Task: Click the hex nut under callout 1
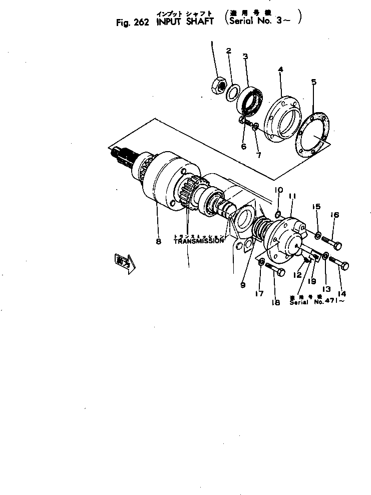tap(219, 86)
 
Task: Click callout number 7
tap(258, 155)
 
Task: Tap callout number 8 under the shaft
tap(158, 242)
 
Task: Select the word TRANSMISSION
tap(199, 241)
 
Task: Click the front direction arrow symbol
tap(122, 262)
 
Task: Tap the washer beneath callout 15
tap(318, 233)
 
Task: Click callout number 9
tap(243, 285)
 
